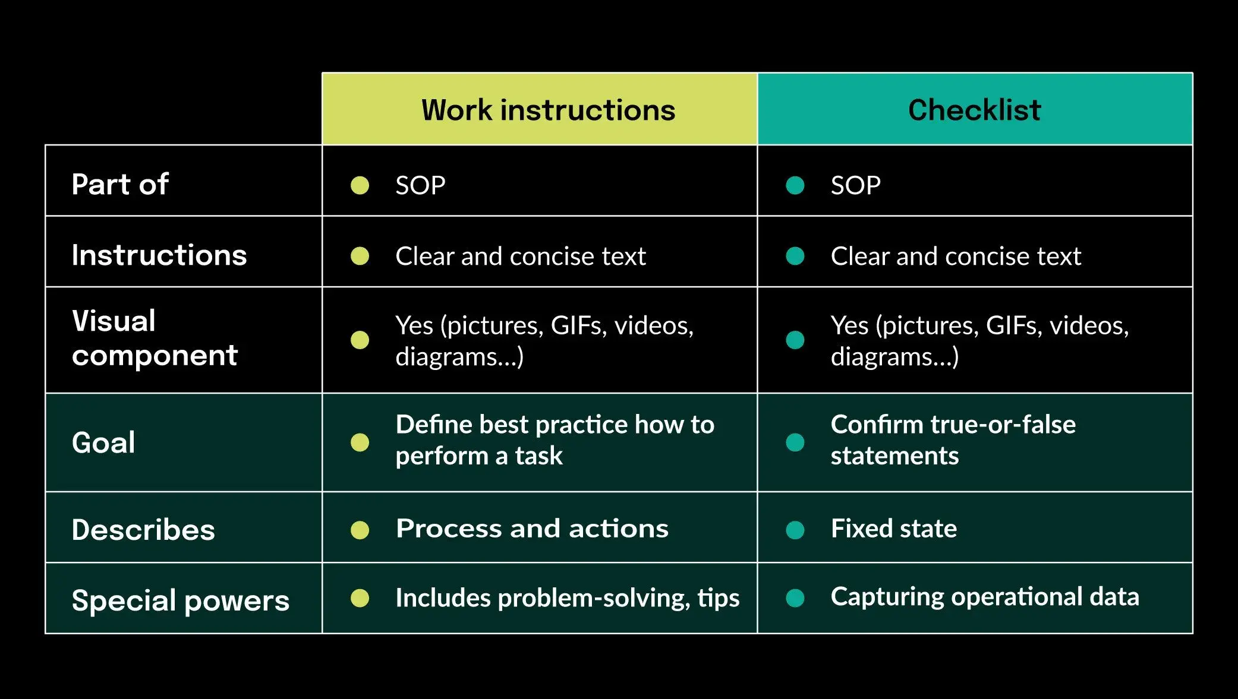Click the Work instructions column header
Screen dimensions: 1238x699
tap(548, 110)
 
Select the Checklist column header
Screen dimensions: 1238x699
tap(975, 110)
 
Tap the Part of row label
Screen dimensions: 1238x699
tap(120, 184)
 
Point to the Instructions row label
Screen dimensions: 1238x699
tap(159, 255)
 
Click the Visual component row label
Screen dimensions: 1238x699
tap(155, 338)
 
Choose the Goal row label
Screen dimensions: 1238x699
tap(103, 442)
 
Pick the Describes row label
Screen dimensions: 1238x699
tap(143, 530)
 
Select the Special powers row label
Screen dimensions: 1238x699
tap(181, 600)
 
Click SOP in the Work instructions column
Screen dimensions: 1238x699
tap(420, 185)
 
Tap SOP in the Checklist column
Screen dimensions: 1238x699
tap(855, 185)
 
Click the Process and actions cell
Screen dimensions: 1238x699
tap(532, 529)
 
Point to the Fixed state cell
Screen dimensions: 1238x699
tap(894, 529)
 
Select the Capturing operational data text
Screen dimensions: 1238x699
tap(985, 597)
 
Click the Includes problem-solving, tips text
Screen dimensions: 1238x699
tap(568, 598)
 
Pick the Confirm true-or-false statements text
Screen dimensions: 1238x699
tap(953, 440)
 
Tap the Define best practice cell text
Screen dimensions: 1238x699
tap(555, 440)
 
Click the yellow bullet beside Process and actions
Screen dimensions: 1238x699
tap(360, 530)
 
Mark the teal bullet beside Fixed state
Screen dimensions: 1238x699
tap(795, 530)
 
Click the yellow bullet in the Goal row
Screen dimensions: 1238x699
tap(360, 442)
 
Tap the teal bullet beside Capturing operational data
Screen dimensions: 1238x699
tap(795, 598)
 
